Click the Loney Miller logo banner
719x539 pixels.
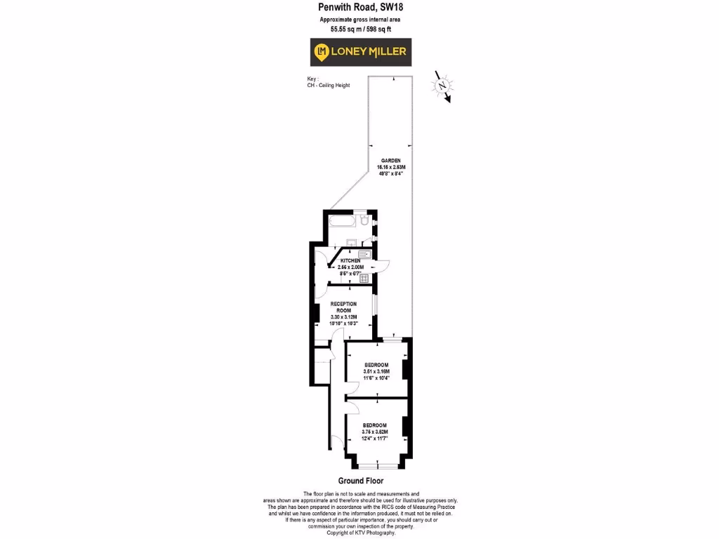pyautogui.click(x=359, y=52)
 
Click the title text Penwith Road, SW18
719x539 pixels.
pyautogui.click(x=360, y=8)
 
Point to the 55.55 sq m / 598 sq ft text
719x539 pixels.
pyautogui.click(x=360, y=29)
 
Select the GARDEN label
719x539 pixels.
pyautogui.click(x=390, y=161)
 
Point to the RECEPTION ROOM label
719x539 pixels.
pyautogui.click(x=343, y=307)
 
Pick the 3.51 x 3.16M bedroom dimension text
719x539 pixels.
pyautogui.click(x=376, y=371)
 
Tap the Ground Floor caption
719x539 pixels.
pyautogui.click(x=360, y=481)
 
